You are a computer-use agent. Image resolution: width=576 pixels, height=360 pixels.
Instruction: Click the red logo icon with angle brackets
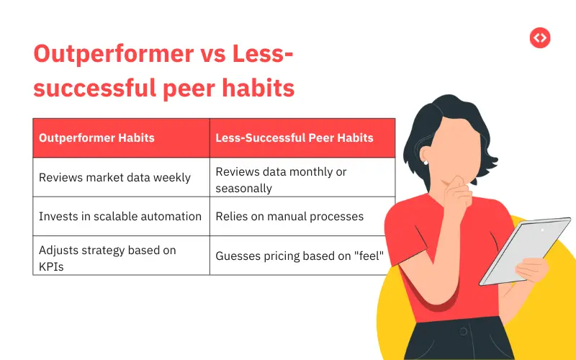(x=540, y=37)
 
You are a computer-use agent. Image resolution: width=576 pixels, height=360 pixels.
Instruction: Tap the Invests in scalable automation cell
(x=120, y=216)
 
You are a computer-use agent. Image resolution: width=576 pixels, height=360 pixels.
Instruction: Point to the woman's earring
(x=426, y=163)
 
